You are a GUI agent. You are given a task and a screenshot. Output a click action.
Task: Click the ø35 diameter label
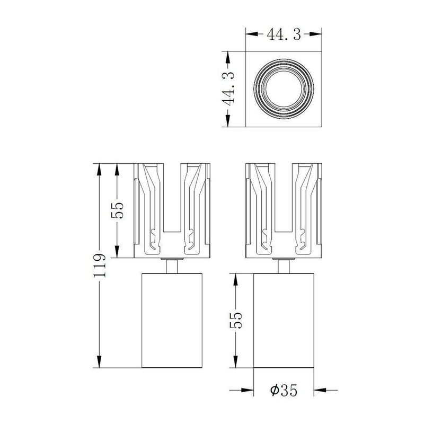[x=284, y=391]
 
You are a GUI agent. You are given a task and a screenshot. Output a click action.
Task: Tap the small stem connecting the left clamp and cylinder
[x=173, y=265]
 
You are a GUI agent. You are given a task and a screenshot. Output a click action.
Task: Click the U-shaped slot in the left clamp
[x=173, y=207]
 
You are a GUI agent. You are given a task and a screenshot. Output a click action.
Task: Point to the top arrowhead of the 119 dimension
[x=99, y=166]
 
